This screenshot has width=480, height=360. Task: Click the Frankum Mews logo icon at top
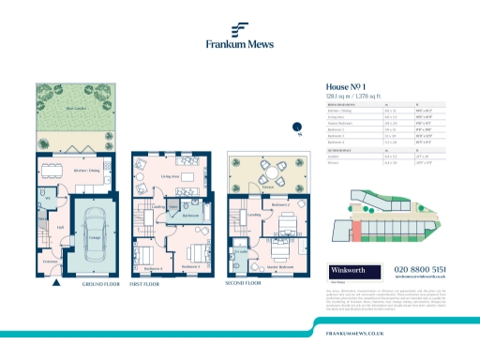tap(240, 28)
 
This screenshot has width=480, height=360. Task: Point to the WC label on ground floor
tap(46, 197)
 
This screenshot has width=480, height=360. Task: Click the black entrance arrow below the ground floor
tap(58, 280)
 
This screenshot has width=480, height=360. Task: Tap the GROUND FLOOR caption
tap(98, 283)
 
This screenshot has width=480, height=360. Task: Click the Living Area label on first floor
tap(171, 174)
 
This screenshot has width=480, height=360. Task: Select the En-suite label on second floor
tap(241, 252)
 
